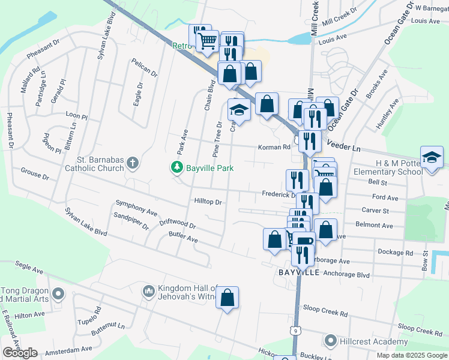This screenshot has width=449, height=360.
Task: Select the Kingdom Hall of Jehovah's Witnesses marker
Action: click(x=149, y=292)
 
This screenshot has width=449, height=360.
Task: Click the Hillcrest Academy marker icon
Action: click(x=330, y=341)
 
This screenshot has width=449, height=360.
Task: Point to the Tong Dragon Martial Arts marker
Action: click(x=58, y=294)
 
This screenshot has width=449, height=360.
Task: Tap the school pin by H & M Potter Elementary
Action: click(x=432, y=158)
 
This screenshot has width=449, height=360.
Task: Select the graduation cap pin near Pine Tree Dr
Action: click(x=238, y=111)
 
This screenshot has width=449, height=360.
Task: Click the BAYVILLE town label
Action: click(x=299, y=272)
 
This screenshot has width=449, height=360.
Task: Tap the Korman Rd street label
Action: click(x=274, y=146)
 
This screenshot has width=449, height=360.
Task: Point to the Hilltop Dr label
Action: click(x=208, y=202)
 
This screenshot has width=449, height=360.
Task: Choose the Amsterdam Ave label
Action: click(x=70, y=348)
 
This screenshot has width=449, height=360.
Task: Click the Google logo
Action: click(x=20, y=353)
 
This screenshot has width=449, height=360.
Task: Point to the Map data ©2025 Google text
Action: click(x=411, y=355)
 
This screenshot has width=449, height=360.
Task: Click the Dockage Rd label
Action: click(x=395, y=252)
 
